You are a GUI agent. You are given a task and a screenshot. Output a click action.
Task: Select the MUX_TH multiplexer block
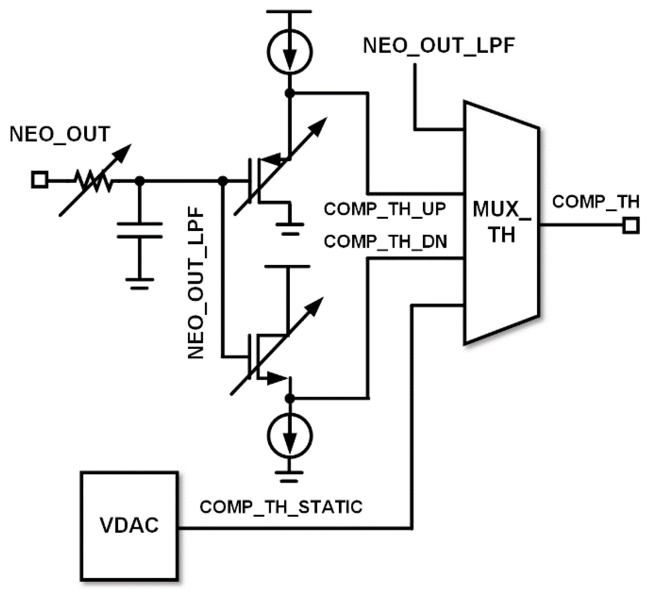[x=501, y=223]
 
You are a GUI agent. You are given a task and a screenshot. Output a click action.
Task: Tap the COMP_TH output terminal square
[x=631, y=225]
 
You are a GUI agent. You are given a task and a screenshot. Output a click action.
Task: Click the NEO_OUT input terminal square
[x=39, y=180]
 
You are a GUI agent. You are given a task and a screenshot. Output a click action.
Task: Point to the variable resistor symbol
[x=93, y=180]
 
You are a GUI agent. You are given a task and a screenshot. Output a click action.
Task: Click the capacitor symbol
[x=139, y=230]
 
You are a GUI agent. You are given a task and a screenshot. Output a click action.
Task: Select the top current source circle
[x=290, y=52]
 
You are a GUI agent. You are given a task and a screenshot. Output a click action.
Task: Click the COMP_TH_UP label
[x=385, y=209]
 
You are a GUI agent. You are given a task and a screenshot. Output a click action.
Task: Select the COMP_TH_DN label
[x=385, y=241]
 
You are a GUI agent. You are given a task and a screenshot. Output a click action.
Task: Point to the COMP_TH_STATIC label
[x=281, y=507]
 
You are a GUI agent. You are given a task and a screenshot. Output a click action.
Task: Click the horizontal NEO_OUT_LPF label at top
[x=439, y=45]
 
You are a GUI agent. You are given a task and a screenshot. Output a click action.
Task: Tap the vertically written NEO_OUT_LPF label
[x=196, y=283]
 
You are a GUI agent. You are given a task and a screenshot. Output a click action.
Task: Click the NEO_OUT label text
[x=60, y=134]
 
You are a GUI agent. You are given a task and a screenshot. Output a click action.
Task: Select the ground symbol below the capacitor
[x=139, y=284]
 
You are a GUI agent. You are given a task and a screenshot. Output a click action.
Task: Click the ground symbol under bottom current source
[x=289, y=476]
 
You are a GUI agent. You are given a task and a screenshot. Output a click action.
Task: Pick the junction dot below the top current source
[x=290, y=93]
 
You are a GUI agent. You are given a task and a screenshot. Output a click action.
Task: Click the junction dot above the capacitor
[x=139, y=180]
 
